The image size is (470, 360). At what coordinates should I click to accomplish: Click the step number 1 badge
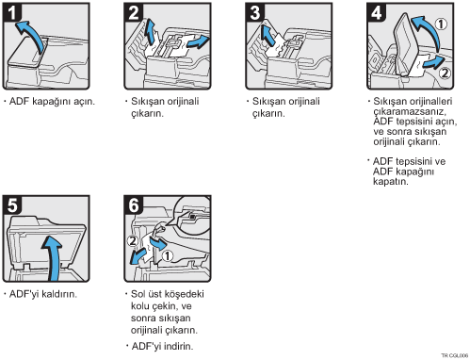[x=12, y=12]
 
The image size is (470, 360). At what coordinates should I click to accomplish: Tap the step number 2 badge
[x=134, y=12]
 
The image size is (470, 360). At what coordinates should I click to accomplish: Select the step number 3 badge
[x=255, y=12]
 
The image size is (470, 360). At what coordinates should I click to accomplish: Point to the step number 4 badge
[x=377, y=12]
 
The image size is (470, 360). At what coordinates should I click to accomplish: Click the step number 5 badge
[x=12, y=205]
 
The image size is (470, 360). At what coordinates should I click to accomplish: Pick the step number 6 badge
[x=134, y=205]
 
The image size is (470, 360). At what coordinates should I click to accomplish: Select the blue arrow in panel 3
[x=267, y=35]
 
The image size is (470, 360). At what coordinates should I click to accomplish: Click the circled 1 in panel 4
[x=441, y=24]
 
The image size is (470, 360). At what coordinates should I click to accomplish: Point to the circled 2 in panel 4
[x=445, y=73]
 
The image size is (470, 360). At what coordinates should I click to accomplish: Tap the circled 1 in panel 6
[x=168, y=255]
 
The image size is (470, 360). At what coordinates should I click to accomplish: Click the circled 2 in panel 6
[x=133, y=241]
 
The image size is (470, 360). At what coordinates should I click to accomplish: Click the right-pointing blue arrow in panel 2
[x=199, y=42]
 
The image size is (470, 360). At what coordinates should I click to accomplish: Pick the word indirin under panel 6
[x=178, y=346]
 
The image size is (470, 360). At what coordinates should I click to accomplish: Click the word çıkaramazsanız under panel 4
[x=410, y=111]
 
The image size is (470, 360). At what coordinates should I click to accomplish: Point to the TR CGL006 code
[x=455, y=355]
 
